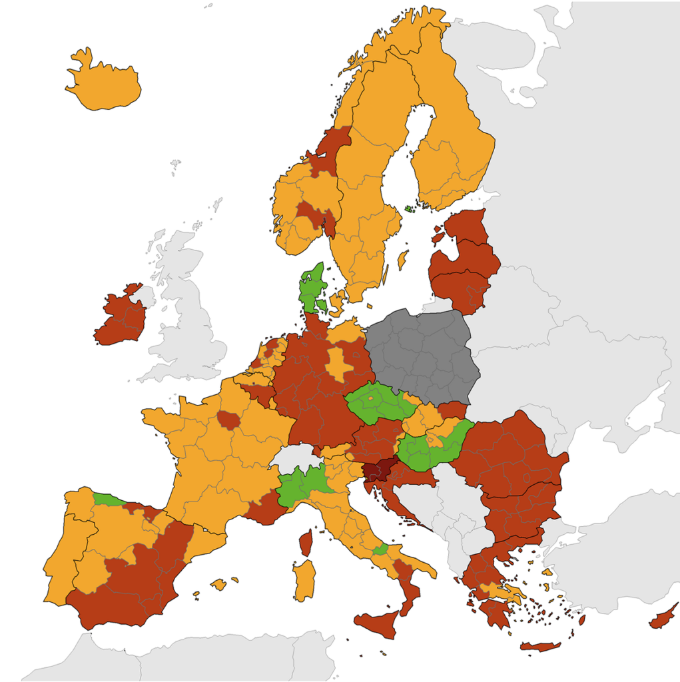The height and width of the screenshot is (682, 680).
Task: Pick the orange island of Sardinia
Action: (x=304, y=579)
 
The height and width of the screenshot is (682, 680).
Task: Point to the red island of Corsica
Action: (x=306, y=543)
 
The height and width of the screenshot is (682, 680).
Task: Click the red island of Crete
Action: (x=539, y=646)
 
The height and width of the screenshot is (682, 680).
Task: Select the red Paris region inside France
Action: (x=229, y=420)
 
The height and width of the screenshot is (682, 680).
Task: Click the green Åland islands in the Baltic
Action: (x=408, y=208)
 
